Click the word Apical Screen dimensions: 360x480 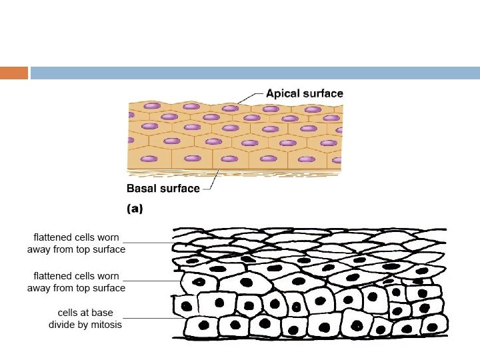(x=282, y=93)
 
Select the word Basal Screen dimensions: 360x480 (x=143, y=188)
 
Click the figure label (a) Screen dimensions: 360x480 (x=135, y=208)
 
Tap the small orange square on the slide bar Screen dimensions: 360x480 (x=14, y=73)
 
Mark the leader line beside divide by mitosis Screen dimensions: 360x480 (x=154, y=319)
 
